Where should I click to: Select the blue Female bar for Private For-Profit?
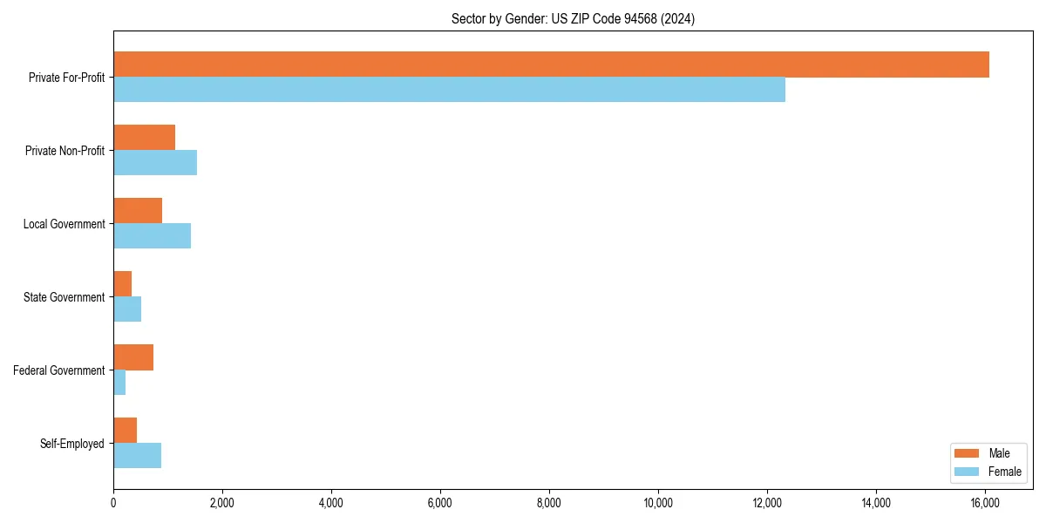449,90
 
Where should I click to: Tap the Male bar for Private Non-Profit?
144,138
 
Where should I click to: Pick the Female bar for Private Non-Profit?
155,163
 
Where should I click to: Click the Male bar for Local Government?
138,211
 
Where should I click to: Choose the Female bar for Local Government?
152,236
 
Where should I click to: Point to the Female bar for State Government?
127,309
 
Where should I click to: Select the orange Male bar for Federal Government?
133,357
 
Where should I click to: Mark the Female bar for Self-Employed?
137,456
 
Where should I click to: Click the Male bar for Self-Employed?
125,431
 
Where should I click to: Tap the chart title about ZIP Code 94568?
573,18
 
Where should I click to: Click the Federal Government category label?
59,370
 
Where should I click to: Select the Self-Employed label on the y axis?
72,444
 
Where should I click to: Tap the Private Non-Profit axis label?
65,151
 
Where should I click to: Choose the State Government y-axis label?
64,297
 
